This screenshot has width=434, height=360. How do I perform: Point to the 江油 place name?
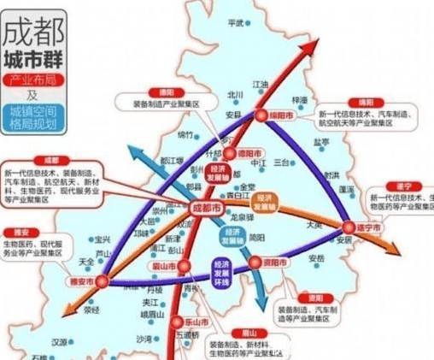point(261,84)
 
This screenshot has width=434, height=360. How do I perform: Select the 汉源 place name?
point(58,342)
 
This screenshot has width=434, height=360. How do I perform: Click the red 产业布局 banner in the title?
point(34,79)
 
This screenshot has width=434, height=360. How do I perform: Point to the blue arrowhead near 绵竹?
point(135,151)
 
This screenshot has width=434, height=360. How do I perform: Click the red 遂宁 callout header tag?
point(377,186)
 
